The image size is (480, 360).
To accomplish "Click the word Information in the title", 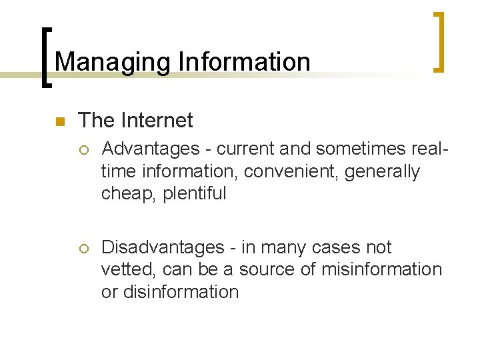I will [x=244, y=62].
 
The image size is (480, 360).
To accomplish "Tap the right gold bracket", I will [x=440, y=41].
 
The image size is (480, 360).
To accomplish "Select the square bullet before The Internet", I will [x=58, y=121].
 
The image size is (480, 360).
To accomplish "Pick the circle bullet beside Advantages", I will [x=83, y=149].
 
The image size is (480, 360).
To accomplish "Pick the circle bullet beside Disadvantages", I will [x=83, y=248].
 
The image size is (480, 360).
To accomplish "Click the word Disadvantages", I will [x=163, y=247].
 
